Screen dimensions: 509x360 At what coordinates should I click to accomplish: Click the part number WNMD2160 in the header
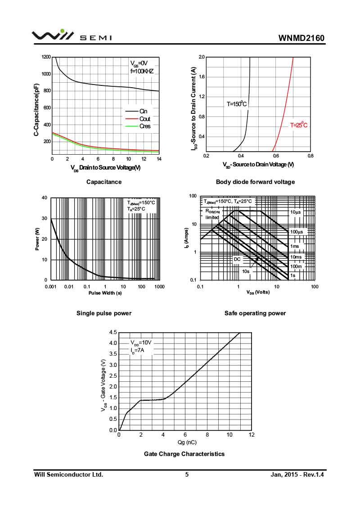click(x=301, y=38)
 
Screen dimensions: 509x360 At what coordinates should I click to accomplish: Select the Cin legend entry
click(x=144, y=111)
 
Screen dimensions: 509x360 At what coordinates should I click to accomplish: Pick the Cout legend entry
click(x=144, y=119)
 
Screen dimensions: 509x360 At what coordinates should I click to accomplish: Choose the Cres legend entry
click(x=144, y=126)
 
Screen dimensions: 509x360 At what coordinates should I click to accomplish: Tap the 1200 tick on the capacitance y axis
click(x=46, y=57)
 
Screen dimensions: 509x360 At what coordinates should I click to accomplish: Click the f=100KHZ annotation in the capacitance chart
click(x=142, y=71)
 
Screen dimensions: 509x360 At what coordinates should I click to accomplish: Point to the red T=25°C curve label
click(x=298, y=125)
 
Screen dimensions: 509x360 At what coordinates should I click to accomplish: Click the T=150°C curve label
click(x=237, y=104)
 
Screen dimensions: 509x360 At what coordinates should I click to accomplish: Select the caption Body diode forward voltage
click(x=255, y=182)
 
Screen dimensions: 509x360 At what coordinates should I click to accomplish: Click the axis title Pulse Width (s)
click(x=105, y=293)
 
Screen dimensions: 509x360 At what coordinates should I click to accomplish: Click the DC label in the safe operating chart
click(x=237, y=259)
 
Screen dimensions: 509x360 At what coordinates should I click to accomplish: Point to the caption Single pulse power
click(x=104, y=313)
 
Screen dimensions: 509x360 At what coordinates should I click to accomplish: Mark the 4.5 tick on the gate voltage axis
click(x=113, y=332)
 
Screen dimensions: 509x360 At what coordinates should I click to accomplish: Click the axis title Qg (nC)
click(x=184, y=442)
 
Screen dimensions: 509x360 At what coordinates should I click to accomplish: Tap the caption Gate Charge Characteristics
click(x=184, y=454)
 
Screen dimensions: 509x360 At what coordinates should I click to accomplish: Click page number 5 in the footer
click(x=187, y=474)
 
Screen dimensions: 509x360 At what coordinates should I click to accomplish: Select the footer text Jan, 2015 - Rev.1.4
click(x=297, y=474)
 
